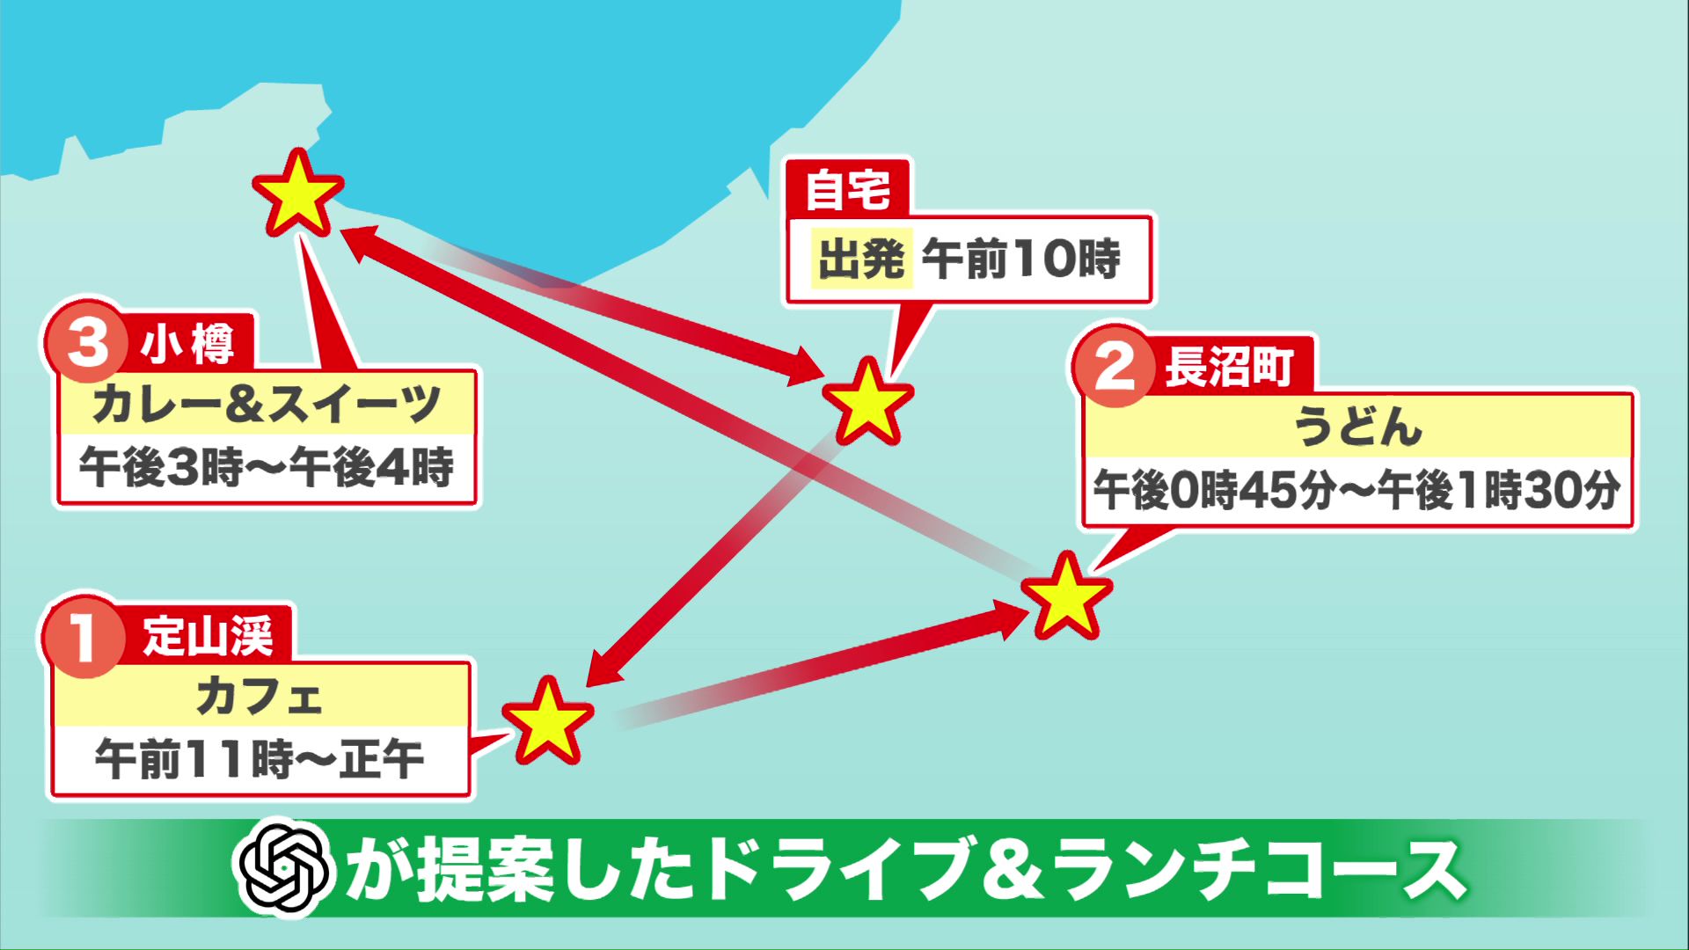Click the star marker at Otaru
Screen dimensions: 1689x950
click(x=297, y=194)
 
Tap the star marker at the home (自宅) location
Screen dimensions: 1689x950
click(x=867, y=402)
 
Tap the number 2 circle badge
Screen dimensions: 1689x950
click(x=1115, y=366)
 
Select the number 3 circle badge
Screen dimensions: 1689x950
click(x=87, y=343)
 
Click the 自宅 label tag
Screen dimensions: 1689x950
click(x=847, y=188)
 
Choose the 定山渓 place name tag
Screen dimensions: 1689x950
click(x=208, y=635)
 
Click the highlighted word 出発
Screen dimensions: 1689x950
click(x=861, y=259)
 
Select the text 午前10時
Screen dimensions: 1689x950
click(x=1021, y=259)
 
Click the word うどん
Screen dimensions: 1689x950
click(x=1357, y=427)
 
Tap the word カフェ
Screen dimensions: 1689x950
click(x=260, y=696)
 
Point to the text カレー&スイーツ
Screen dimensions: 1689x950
click(x=266, y=405)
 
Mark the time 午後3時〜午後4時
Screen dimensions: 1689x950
click(x=266, y=467)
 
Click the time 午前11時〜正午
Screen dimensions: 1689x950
click(x=260, y=759)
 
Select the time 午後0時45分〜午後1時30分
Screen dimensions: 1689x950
click(x=1356, y=491)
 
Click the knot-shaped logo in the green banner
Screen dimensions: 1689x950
click(x=283, y=868)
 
